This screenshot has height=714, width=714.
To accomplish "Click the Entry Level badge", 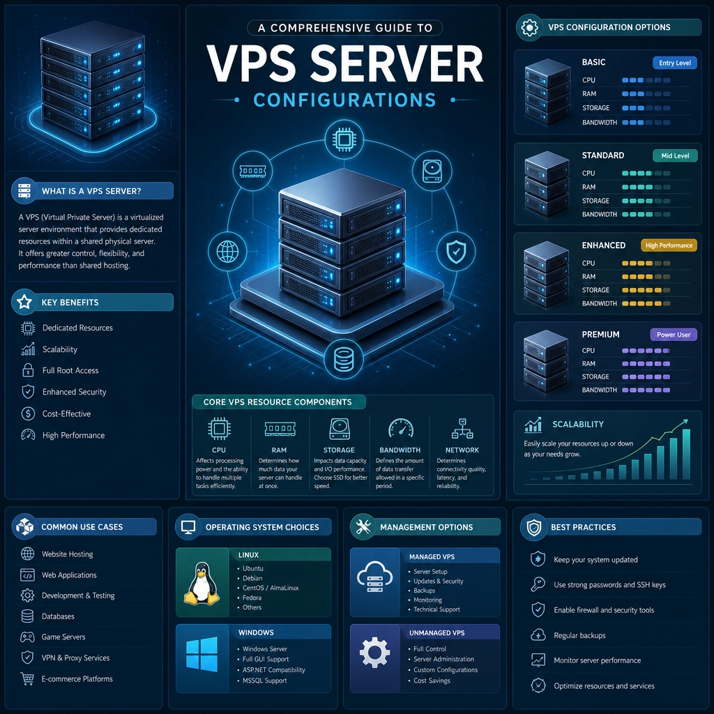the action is point(674,63).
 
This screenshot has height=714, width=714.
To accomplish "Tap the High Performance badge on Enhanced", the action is point(669,245).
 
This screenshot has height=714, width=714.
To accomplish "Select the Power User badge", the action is point(673,335).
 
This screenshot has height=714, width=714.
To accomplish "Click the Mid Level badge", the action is point(675,155).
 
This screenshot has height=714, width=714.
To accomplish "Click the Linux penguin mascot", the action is point(202,584).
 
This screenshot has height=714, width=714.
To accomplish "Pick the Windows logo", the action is point(202,654).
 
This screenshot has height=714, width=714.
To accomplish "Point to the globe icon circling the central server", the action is point(227,251).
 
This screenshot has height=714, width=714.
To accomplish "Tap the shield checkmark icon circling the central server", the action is point(456,251).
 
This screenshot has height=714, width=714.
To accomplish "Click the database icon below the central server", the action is point(343,359).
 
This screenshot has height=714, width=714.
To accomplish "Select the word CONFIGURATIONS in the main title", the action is point(344,100).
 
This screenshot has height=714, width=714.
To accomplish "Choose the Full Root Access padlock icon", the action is point(28,370).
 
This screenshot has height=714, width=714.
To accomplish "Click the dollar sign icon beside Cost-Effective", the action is point(28,413).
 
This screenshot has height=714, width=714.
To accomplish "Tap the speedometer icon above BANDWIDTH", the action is point(401,429).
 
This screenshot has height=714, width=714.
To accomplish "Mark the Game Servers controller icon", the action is point(27,637).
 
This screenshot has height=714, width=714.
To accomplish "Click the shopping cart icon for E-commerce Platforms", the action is point(27,679).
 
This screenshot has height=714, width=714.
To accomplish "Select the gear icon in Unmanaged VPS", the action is point(374,653).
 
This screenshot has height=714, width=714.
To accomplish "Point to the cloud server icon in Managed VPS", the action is point(374,577).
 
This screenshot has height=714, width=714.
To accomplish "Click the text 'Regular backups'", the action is point(579,635).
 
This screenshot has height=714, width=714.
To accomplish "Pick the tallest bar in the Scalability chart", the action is point(686,454).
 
